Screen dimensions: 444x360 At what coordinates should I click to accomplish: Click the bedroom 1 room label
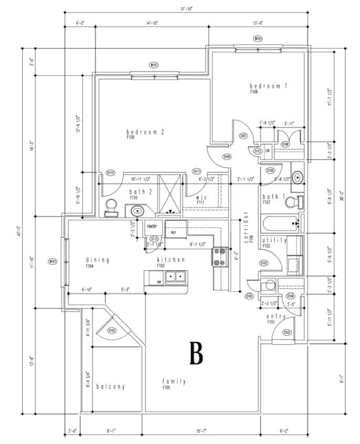pyautogui.click(x=268, y=86)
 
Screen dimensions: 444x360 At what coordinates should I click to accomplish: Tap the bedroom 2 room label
pyautogui.click(x=146, y=132)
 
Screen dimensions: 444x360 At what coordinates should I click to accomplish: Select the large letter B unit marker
pyautogui.click(x=196, y=354)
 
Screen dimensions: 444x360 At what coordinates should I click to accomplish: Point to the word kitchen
pyautogui.click(x=171, y=260)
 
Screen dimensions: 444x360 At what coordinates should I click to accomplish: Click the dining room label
pyautogui.click(x=97, y=260)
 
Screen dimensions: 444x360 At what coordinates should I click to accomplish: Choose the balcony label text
pyautogui.click(x=110, y=387)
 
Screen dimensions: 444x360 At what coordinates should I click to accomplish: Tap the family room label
pyautogui.click(x=174, y=381)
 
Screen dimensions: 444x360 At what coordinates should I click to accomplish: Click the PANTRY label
pyautogui.click(x=152, y=226)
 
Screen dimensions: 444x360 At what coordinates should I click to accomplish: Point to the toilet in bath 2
pyautogui.click(x=111, y=207)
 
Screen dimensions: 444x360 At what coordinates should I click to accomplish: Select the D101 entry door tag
pyautogui.click(x=287, y=332)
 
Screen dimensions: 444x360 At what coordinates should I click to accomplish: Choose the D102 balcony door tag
pyautogui.click(x=111, y=330)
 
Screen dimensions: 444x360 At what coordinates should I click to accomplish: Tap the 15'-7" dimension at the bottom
pyautogui.click(x=201, y=431)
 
